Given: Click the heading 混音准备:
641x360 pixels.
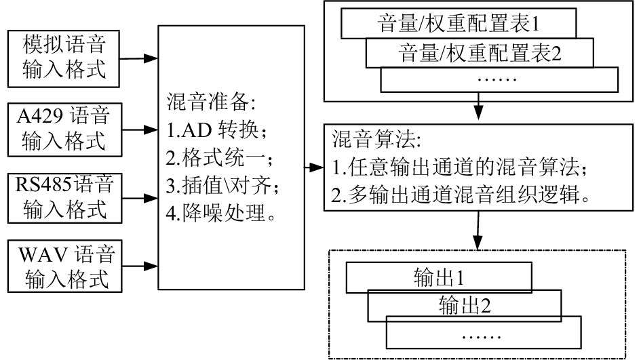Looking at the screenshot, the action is pos(211,102).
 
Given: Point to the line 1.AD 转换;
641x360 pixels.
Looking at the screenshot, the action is pos(216,130).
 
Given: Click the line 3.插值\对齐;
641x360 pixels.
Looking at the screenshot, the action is pos(222,185).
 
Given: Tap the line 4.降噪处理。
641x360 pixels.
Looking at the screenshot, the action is pos(220,212).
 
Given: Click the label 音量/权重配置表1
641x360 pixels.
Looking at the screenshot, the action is pos(459,23).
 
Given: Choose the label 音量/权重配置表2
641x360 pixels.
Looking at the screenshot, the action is pos(480,53).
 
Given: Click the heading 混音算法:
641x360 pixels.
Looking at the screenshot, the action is pos(376,139).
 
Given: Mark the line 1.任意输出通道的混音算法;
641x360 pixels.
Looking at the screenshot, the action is pos(459,167).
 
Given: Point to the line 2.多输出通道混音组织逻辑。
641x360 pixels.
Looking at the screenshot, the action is pos(461,195).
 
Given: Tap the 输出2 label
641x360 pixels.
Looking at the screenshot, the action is pos(465,305).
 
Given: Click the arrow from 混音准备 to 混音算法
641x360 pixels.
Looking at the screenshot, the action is pos(314,167).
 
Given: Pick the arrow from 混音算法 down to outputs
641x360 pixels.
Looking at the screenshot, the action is pos(478,230).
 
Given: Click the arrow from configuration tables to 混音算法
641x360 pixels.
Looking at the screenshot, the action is pos(478,106).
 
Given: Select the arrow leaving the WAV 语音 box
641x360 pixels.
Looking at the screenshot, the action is pos(140,266).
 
